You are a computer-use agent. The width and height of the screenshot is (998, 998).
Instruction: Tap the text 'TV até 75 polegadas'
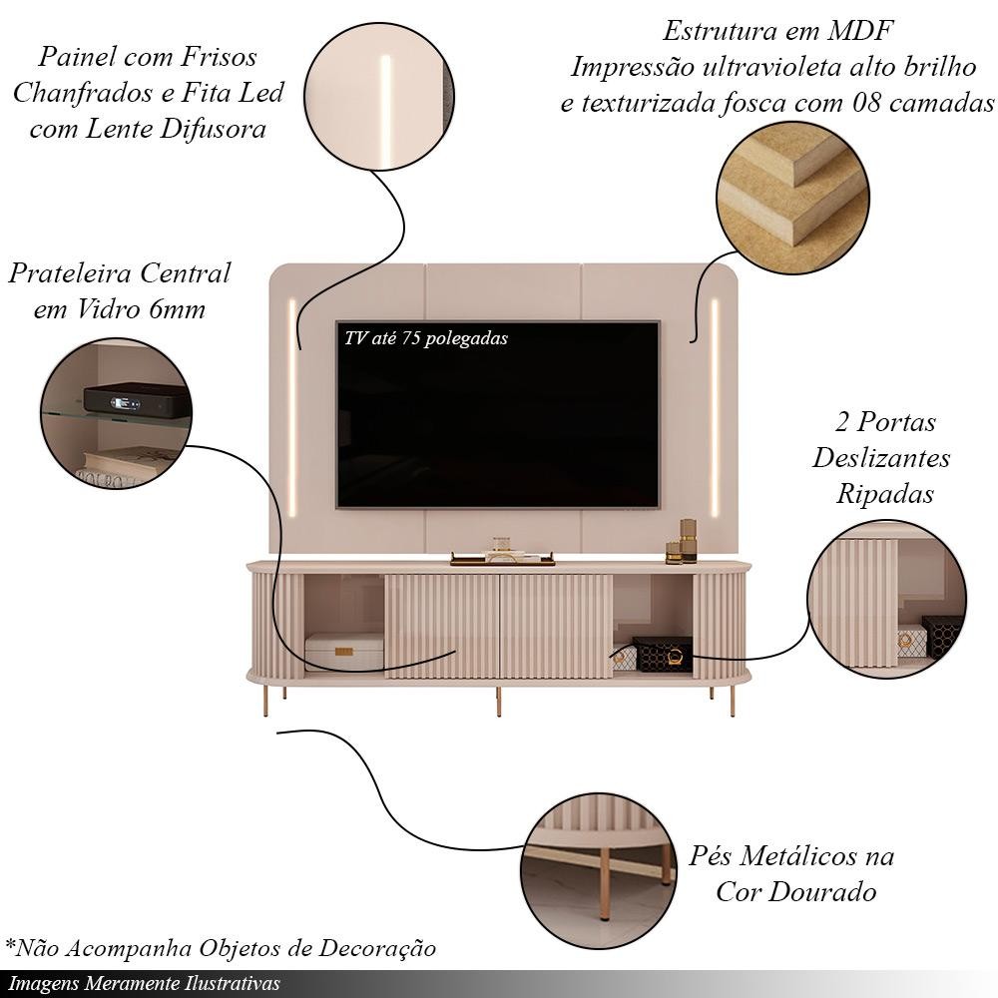[x=426, y=338]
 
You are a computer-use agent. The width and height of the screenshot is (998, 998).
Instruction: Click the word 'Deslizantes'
[x=881, y=458]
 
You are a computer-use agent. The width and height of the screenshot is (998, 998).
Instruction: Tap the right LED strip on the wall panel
[x=715, y=405]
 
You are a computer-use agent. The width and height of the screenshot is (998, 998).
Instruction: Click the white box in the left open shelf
[x=343, y=651]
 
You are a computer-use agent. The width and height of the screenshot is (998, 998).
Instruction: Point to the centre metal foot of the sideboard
[x=496, y=703]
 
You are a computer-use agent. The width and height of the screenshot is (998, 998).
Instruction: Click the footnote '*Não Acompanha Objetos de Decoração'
[x=221, y=946]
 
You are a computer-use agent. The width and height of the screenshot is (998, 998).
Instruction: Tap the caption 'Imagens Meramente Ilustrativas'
[x=145, y=983]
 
